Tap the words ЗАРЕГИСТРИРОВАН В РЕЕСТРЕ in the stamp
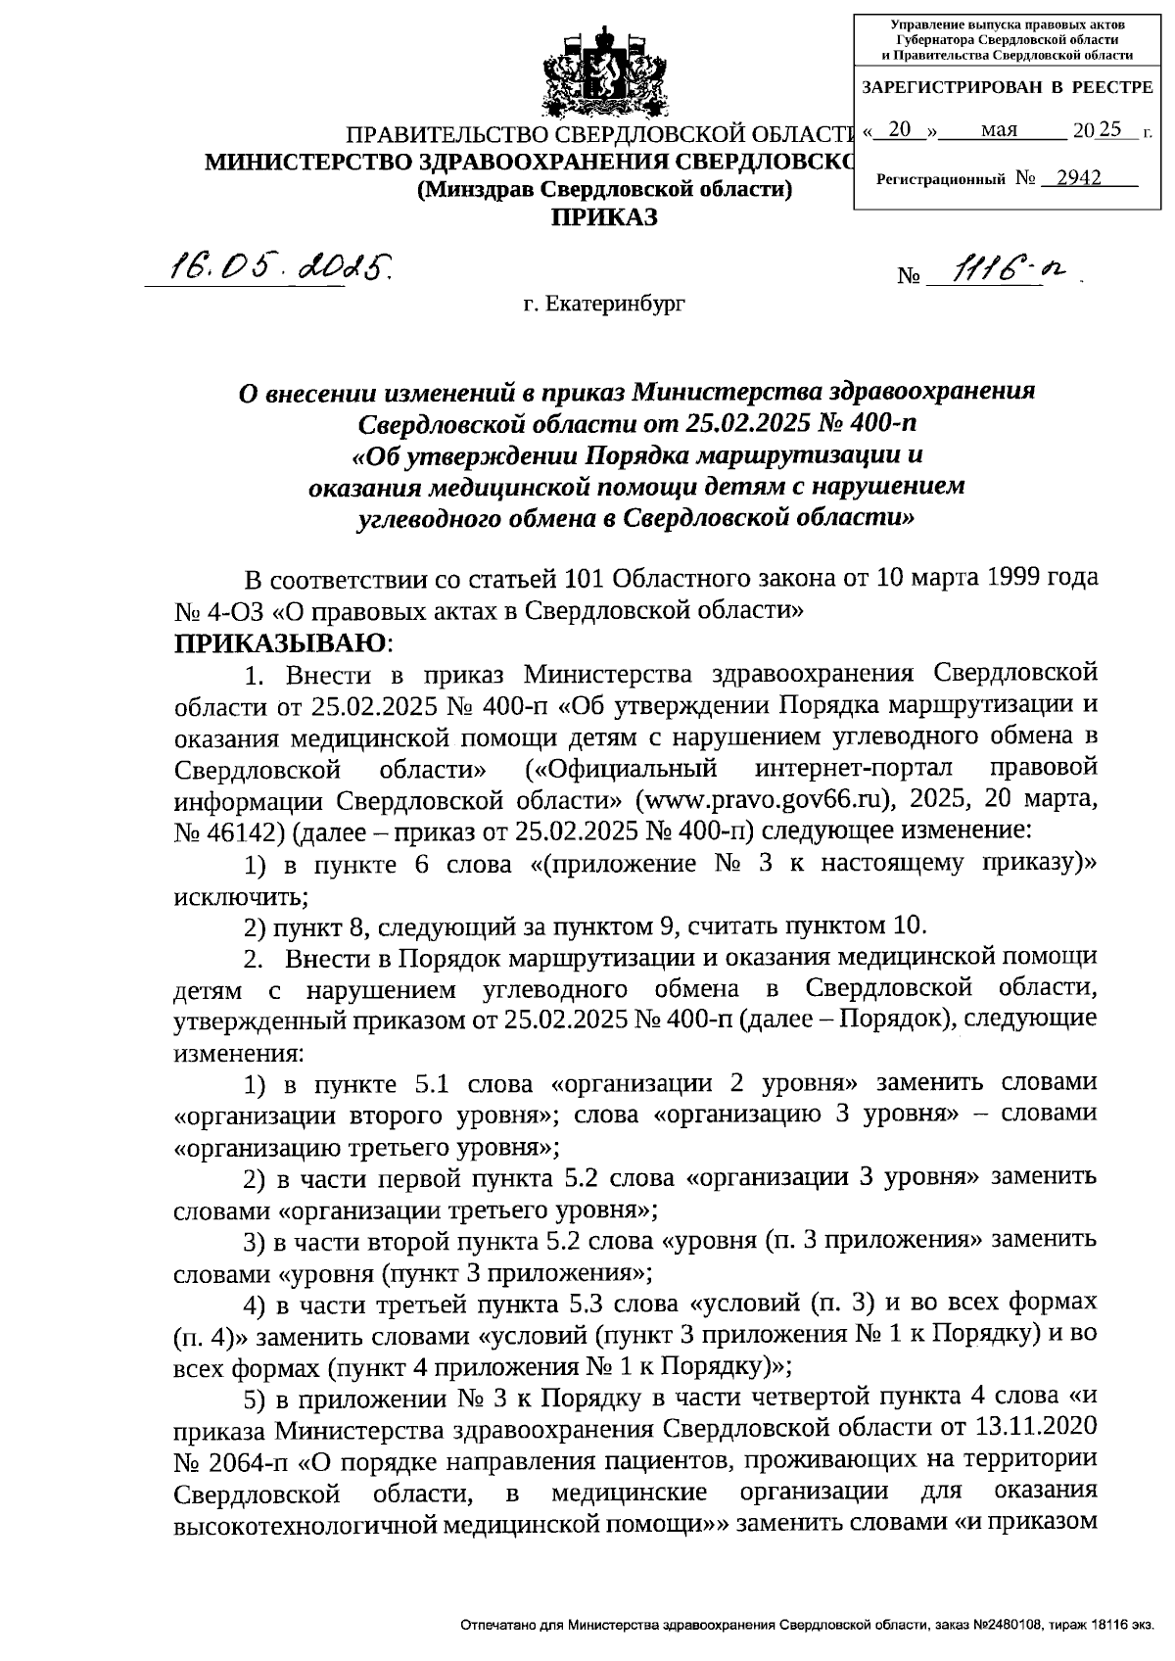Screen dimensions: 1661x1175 click(x=1007, y=88)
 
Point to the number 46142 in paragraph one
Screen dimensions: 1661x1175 click(x=231, y=832)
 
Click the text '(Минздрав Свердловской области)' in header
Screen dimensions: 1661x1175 click(x=604, y=190)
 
